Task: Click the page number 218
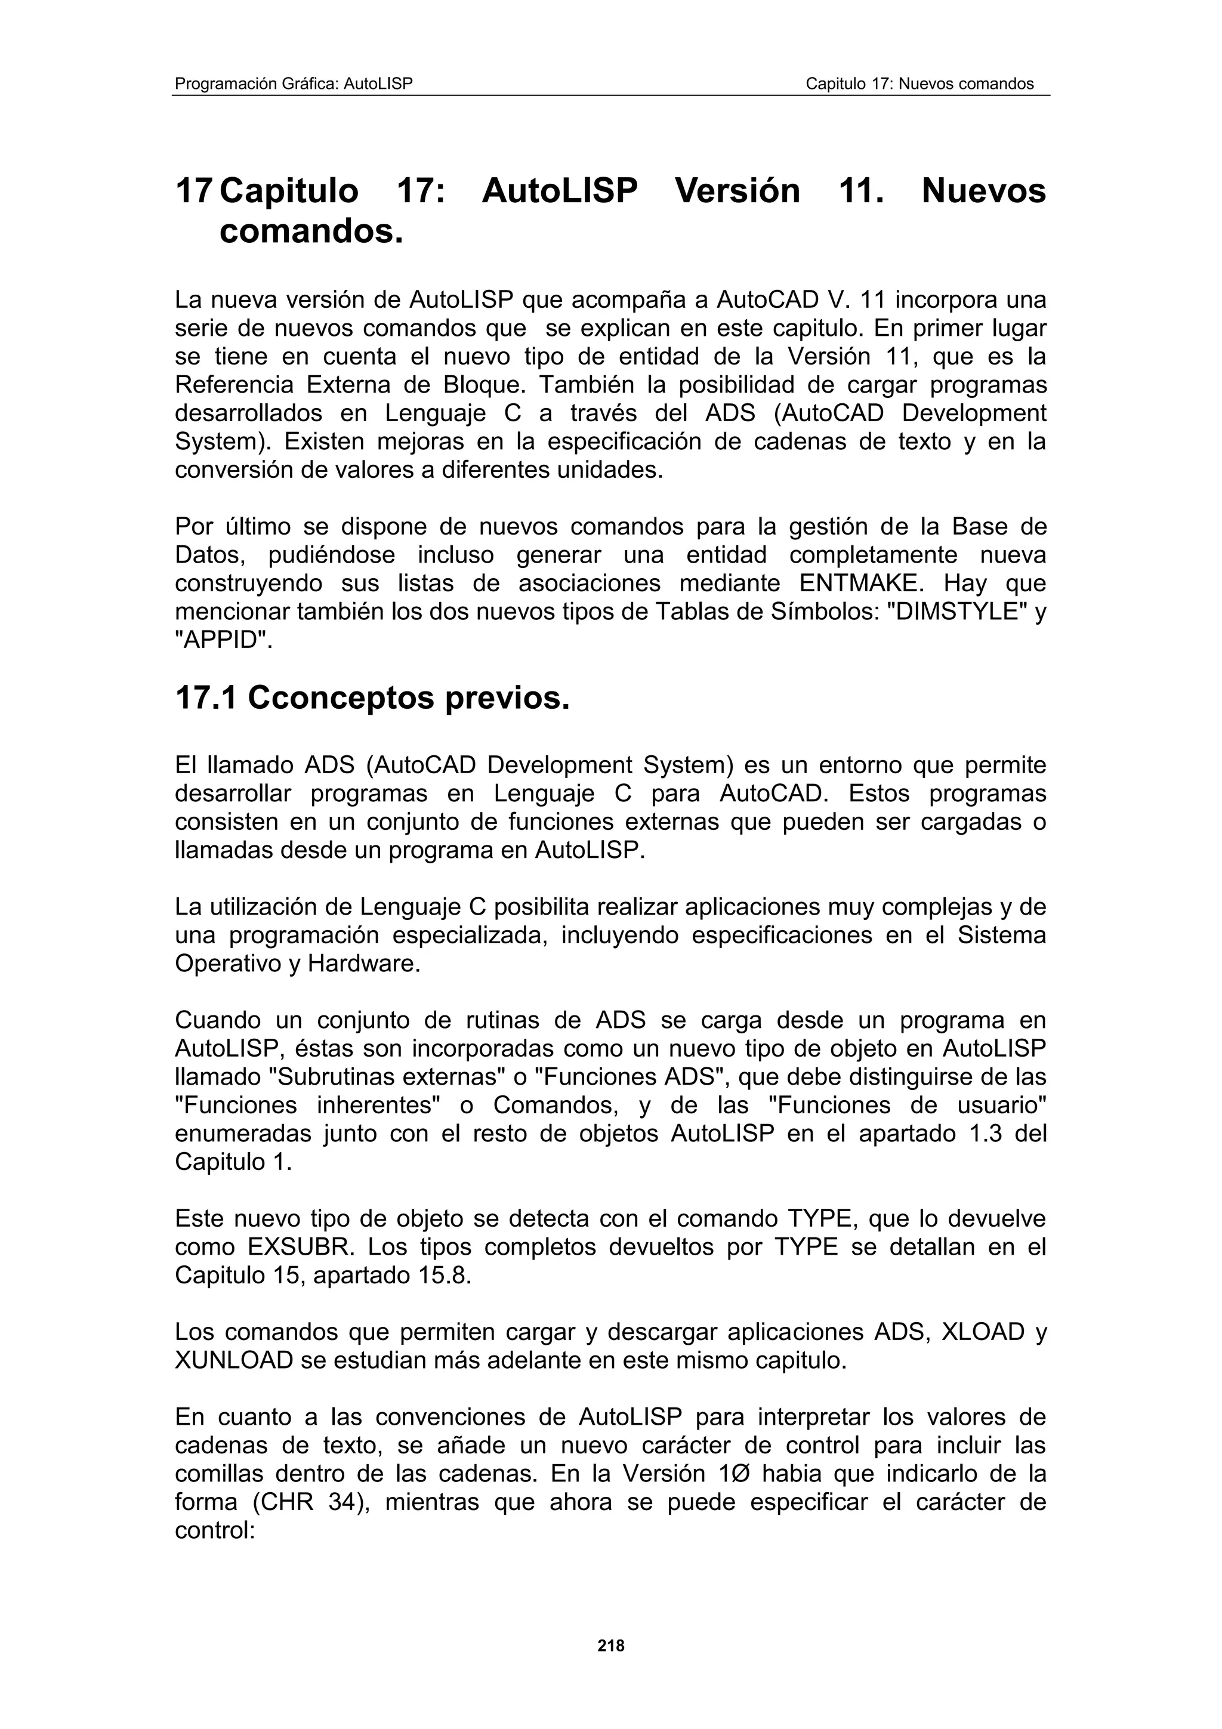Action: point(610,1646)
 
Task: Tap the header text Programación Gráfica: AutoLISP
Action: point(294,84)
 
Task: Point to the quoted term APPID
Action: point(222,640)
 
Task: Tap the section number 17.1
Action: point(205,698)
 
